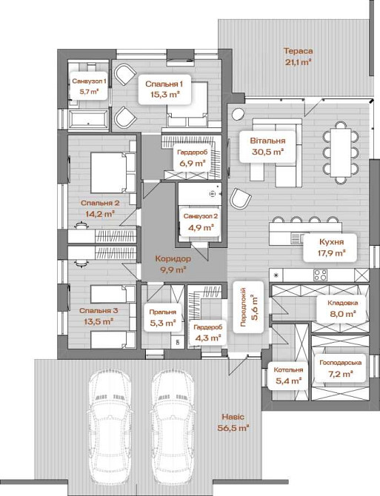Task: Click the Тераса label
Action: tap(298, 51)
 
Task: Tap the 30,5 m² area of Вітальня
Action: tap(267, 152)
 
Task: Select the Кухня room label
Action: tap(331, 242)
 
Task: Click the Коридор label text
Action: tap(173, 259)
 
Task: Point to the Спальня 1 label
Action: tap(164, 84)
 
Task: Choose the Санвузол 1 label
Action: tap(89, 81)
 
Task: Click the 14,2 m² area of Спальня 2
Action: tap(100, 214)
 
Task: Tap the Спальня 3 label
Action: tap(99, 311)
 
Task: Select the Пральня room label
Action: tap(163, 312)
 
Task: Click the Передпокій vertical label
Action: tap(243, 307)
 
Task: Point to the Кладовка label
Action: tap(343, 303)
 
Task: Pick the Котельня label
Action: tap(288, 370)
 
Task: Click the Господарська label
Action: tap(340, 363)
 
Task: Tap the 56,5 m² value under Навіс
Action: tap(233, 428)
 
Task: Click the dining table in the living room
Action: tap(341, 153)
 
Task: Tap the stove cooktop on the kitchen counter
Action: tap(320, 275)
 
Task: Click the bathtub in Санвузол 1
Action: tap(89, 120)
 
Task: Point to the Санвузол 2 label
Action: tap(201, 216)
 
